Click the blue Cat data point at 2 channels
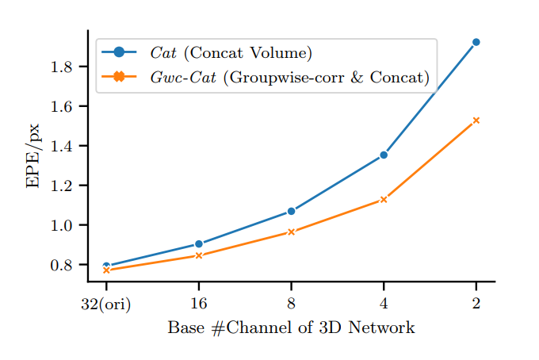click(476, 42)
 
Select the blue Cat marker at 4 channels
click(384, 155)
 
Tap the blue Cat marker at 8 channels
click(291, 211)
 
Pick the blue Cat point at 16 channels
click(198, 244)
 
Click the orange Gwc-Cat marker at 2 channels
click(476, 121)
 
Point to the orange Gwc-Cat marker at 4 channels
click(384, 199)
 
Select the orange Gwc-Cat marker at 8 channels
click(291, 232)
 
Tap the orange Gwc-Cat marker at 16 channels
click(198, 255)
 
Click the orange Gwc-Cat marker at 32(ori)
click(106, 270)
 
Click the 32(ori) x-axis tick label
click(106, 304)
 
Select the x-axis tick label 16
click(198, 304)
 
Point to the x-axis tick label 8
click(291, 304)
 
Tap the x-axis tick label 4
click(384, 304)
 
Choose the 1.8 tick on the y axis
click(62, 67)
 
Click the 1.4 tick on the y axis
click(62, 146)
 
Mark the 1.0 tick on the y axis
click(62, 225)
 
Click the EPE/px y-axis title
click(32, 155)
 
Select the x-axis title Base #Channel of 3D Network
click(291, 327)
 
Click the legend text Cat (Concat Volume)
click(231, 53)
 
